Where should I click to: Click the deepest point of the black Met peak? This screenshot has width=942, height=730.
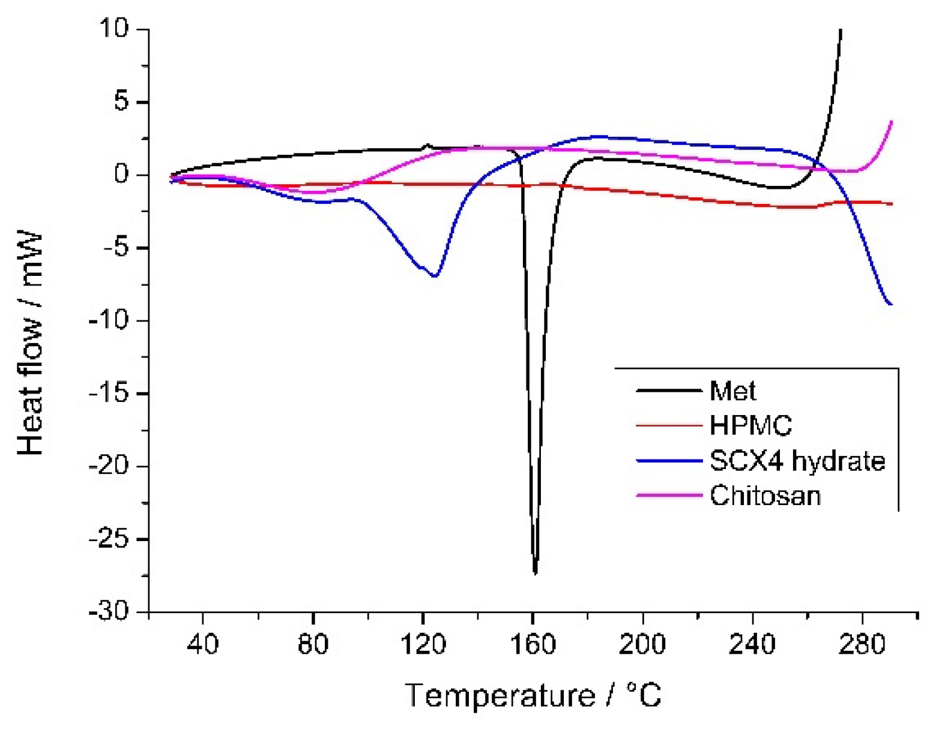tap(535, 573)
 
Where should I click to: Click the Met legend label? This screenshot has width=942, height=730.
tap(732, 391)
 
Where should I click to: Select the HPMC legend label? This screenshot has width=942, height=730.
tap(750, 426)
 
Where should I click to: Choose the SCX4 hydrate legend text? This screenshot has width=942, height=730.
tap(797, 461)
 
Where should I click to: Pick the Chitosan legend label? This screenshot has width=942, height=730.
tap(765, 496)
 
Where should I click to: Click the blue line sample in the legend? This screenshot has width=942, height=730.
tap(669, 461)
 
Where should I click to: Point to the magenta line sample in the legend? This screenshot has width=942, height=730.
tap(669, 496)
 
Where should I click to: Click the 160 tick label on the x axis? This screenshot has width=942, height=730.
tap(533, 645)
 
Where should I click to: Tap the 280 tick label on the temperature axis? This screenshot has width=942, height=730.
tap(862, 645)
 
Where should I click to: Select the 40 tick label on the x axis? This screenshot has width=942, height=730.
tap(203, 645)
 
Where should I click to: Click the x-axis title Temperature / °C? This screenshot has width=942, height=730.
tap(533, 696)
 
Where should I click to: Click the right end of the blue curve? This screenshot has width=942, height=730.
tap(891, 304)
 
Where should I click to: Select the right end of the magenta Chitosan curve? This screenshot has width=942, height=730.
tap(892, 122)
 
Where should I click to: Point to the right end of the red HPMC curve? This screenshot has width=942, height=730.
tap(892, 204)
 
